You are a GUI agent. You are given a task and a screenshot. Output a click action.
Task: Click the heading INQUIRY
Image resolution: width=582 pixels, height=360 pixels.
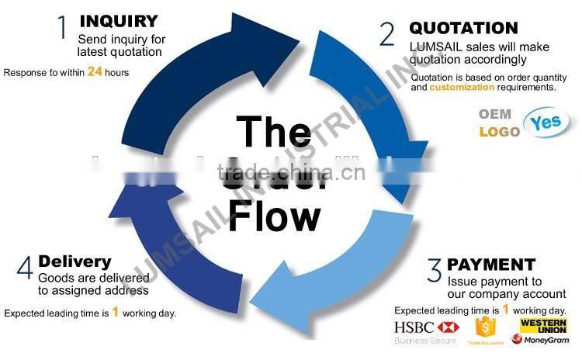click(x=119, y=21)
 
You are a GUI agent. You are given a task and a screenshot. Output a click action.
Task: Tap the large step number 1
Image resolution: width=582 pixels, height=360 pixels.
click(x=63, y=28)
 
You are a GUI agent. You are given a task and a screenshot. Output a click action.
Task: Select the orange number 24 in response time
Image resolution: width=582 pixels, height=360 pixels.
click(x=95, y=72)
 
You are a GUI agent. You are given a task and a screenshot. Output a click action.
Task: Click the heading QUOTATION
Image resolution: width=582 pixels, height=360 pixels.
click(x=463, y=29)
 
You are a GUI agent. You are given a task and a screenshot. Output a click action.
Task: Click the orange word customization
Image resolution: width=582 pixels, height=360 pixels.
click(x=462, y=88)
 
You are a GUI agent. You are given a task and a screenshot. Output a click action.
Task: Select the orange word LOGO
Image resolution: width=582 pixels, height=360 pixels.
click(x=499, y=132)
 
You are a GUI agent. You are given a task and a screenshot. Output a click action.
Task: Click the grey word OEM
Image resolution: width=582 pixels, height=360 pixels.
click(x=495, y=114)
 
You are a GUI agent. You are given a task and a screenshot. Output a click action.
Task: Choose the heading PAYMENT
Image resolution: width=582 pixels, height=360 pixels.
click(x=491, y=265)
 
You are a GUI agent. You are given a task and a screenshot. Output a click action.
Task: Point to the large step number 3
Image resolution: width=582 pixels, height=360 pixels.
click(x=434, y=272)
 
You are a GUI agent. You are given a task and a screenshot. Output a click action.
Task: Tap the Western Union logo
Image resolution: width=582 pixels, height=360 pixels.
click(x=543, y=325)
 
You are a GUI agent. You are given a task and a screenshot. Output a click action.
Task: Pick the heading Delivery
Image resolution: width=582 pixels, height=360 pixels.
click(x=74, y=261)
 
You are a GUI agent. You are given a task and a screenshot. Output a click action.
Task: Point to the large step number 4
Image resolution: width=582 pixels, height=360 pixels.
click(x=25, y=270)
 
